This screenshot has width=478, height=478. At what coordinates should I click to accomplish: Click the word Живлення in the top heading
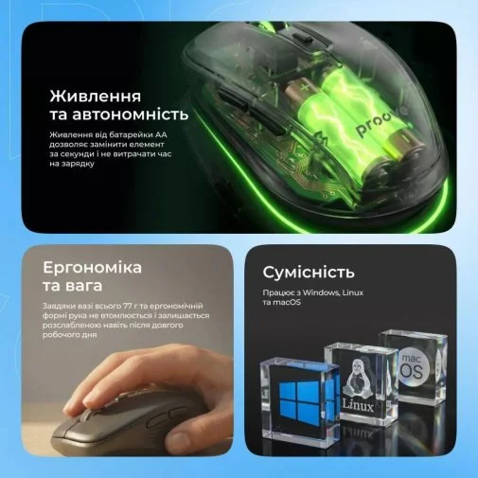click(x=96, y=97)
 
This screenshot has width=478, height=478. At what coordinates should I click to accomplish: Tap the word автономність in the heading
click(x=131, y=115)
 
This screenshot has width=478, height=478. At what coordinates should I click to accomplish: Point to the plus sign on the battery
click(x=304, y=87)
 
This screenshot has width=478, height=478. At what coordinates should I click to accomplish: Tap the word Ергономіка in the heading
click(x=92, y=268)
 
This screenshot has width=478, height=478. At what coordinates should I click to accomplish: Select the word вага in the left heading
click(x=84, y=286)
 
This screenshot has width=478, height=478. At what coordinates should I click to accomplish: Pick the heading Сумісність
click(x=309, y=273)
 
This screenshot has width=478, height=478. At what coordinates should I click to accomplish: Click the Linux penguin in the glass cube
click(x=357, y=378)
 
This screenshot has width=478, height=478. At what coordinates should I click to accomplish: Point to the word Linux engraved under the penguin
click(x=358, y=406)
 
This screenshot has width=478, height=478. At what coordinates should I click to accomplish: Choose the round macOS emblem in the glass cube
click(x=415, y=367)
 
